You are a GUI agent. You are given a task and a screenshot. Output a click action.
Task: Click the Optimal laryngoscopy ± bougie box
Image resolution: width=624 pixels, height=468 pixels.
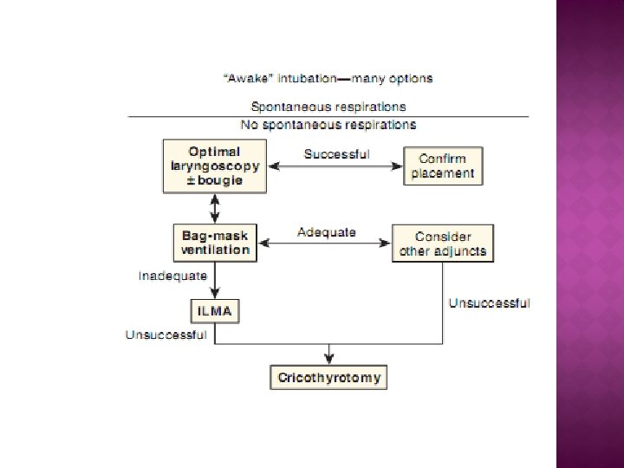click(215, 166)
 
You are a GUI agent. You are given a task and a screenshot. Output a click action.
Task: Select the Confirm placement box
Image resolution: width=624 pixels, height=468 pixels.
click(443, 166)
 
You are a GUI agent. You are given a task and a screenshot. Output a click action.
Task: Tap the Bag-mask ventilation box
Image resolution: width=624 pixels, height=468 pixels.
click(215, 243)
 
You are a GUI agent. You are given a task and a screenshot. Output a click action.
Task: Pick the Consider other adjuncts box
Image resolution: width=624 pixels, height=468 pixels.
click(443, 243)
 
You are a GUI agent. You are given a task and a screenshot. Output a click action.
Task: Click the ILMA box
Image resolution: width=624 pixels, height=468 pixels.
click(214, 310)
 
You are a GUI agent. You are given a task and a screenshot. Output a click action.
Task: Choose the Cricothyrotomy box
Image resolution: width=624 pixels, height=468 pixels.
click(328, 378)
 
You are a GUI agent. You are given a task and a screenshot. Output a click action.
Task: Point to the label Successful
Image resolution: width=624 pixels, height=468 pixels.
click(336, 154)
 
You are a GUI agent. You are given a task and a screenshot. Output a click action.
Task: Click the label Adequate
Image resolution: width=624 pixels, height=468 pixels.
click(327, 232)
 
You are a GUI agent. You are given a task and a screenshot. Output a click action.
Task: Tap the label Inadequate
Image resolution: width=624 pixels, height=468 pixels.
click(173, 276)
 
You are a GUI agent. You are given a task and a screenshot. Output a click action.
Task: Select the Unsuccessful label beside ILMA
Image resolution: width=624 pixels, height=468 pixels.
click(166, 335)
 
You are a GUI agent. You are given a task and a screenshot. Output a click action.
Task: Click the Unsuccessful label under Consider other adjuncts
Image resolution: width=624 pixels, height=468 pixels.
click(489, 303)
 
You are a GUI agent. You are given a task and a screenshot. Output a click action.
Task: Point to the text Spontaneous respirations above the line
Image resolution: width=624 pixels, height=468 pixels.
click(328, 107)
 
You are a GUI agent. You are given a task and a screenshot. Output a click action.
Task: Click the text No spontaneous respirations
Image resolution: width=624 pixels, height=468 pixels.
click(328, 125)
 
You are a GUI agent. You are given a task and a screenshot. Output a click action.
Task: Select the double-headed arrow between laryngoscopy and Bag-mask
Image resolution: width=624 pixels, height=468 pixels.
click(214, 208)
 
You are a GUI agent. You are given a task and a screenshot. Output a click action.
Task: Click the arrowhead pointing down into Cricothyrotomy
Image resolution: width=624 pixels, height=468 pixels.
click(328, 360)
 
